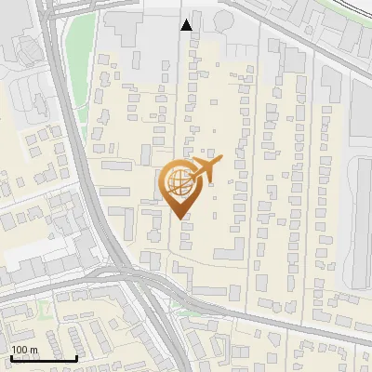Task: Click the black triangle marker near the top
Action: (188, 25)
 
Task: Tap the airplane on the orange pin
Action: (207, 170)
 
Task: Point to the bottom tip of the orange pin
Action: (179, 217)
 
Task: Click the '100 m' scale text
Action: (24, 350)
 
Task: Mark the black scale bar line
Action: (43, 358)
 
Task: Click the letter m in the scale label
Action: (33, 350)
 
